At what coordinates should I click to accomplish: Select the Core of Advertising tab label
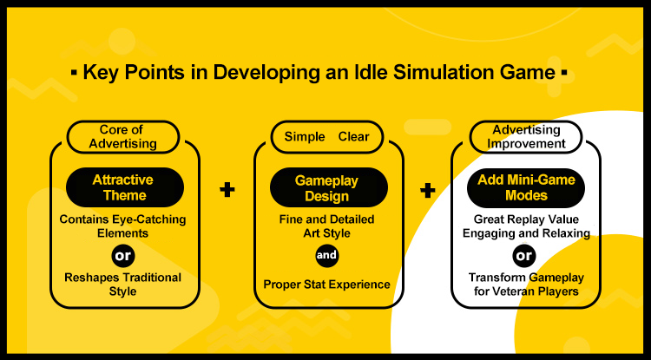click(123, 137)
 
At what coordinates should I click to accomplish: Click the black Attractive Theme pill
click(123, 187)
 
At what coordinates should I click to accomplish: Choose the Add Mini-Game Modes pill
click(526, 188)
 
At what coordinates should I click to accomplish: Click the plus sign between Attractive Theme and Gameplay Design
click(227, 190)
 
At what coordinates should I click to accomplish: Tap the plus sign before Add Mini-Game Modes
click(428, 191)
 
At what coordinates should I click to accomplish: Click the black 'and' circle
click(326, 256)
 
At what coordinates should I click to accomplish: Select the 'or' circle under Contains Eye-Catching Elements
click(123, 256)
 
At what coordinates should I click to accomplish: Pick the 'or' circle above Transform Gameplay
click(524, 256)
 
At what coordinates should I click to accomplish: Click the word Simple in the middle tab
click(305, 137)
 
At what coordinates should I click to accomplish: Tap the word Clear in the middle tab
click(354, 137)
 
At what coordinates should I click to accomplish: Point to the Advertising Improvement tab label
click(526, 137)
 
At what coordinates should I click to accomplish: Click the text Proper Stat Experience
click(326, 285)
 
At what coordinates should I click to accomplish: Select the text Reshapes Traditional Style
click(123, 285)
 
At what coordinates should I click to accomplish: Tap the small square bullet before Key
click(74, 73)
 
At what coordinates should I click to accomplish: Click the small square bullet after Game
click(564, 73)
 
